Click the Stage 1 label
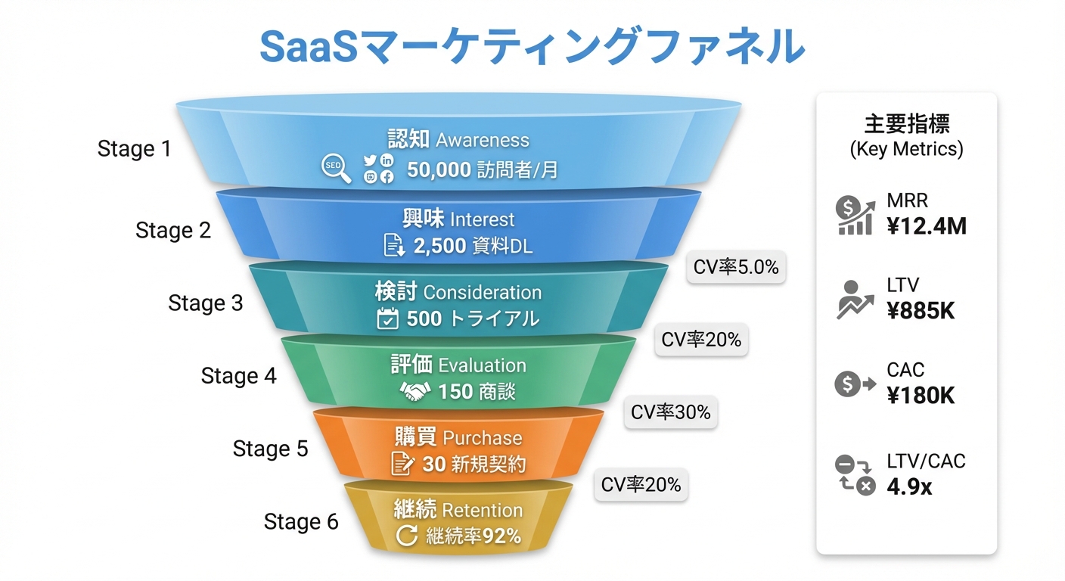click(135, 149)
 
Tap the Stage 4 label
click(238, 376)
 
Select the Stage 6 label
click(301, 522)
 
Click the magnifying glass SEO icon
click(336, 169)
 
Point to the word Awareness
click(483, 140)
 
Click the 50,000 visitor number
click(439, 170)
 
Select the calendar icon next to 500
click(387, 318)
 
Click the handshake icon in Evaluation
click(415, 391)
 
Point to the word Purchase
click(483, 438)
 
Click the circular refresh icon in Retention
click(407, 536)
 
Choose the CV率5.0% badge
click(736, 267)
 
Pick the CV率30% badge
click(671, 412)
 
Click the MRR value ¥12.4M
click(927, 225)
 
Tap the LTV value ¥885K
click(921, 309)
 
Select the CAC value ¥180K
click(921, 395)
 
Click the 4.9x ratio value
click(909, 486)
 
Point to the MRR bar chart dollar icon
click(855, 215)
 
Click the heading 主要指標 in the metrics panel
click(906, 123)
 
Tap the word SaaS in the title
click(313, 47)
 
